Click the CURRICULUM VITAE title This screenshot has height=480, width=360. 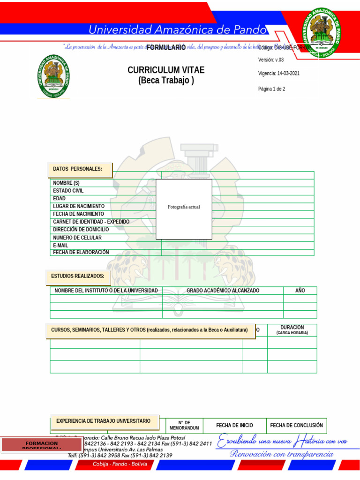pyautogui.click(x=166, y=70)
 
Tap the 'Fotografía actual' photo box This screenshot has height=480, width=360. pyautogui.click(x=184, y=209)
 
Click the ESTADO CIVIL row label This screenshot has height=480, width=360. pyautogui.click(x=68, y=191)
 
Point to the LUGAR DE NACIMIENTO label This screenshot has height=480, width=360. pyautogui.click(x=79, y=206)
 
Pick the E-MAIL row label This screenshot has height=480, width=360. pyautogui.click(x=61, y=245)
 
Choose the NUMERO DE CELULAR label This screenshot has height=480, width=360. pyautogui.click(x=77, y=238)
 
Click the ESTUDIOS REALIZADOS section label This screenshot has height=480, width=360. pyautogui.click(x=78, y=276)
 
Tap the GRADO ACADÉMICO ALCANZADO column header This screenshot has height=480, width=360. pyautogui.click(x=223, y=291)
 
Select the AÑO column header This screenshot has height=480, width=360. pyautogui.click(x=300, y=291)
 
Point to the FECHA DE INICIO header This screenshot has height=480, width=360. pyautogui.click(x=234, y=426)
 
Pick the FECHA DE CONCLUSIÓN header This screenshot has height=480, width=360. pyautogui.click(x=297, y=426)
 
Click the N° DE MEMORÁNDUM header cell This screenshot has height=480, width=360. pyautogui.click(x=184, y=425)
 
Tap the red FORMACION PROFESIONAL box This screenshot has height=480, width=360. pyautogui.click(x=42, y=445)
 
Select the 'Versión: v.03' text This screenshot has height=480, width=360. pyautogui.click(x=271, y=60)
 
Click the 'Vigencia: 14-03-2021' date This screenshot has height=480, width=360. pyautogui.click(x=279, y=74)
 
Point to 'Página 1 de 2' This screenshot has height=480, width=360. pyautogui.click(x=272, y=89)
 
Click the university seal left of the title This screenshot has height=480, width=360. pyautogui.click(x=54, y=76)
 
